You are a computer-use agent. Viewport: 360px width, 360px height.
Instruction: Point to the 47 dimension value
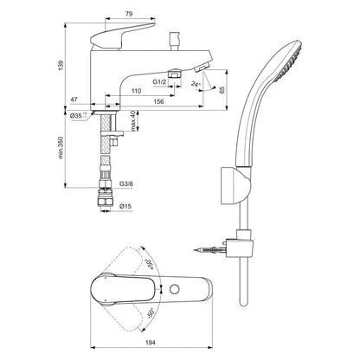pyautogui.click(x=75, y=100)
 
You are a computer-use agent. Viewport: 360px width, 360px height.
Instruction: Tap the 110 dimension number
pyautogui.click(x=136, y=90)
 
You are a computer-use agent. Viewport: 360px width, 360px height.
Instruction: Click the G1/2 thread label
pyautogui.click(x=158, y=80)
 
